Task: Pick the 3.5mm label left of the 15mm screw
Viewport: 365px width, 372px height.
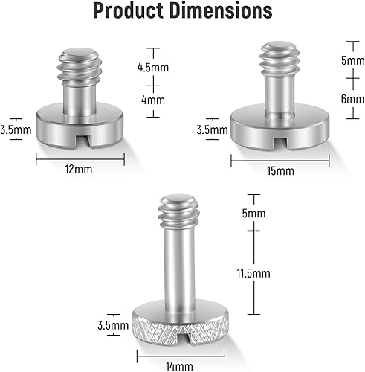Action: pyautogui.click(x=213, y=129)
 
